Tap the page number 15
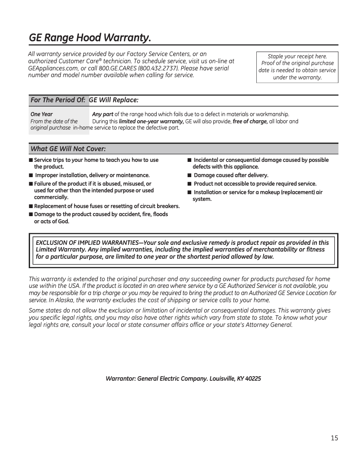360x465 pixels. coord(334,438)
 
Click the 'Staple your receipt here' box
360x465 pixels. coord(297,67)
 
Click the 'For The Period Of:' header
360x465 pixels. coord(57,100)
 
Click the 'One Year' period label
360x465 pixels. coord(41,114)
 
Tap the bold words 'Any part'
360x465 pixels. coord(102,114)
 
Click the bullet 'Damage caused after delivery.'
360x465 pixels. coord(231,175)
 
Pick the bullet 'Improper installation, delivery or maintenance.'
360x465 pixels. coord(92,175)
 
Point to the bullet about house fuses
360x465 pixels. coord(106,206)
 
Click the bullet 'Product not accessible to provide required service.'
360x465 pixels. coord(255,184)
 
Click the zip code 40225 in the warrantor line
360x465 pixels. coord(253,378)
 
